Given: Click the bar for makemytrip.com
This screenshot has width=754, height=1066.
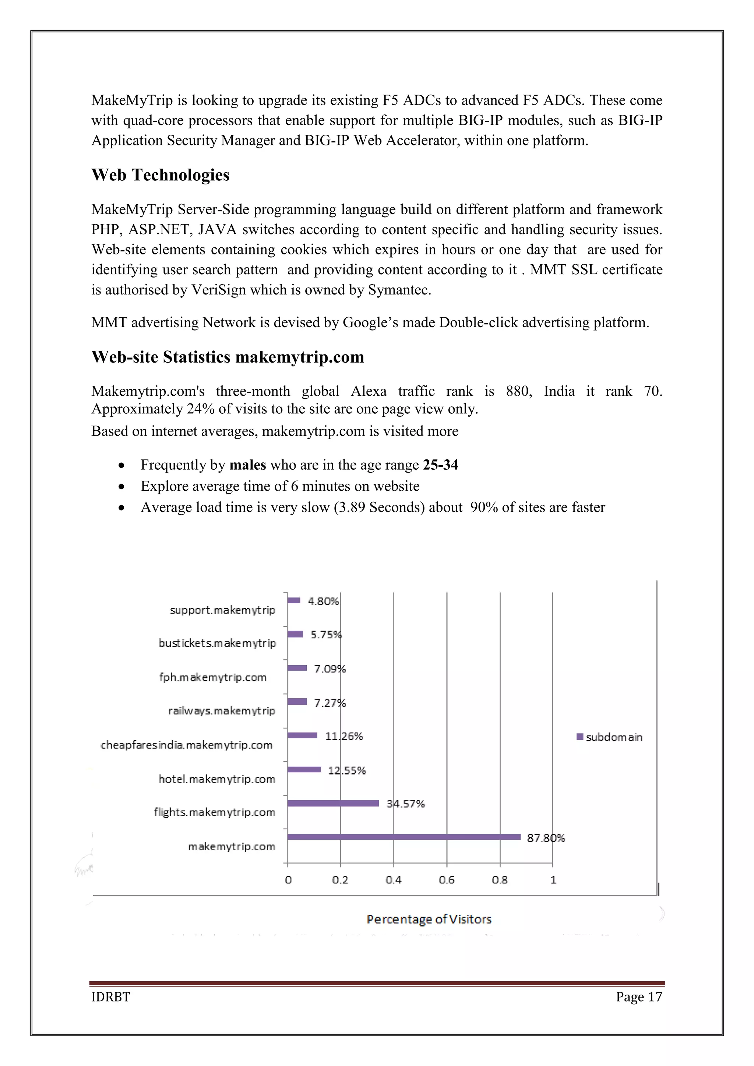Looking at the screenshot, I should tap(404, 837).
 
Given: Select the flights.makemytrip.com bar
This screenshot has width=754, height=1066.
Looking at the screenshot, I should tap(333, 803).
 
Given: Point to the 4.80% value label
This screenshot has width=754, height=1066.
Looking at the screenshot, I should tap(323, 601).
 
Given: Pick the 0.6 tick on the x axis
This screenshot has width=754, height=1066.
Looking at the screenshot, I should tap(446, 879).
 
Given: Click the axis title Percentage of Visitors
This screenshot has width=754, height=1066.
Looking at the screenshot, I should tap(429, 919).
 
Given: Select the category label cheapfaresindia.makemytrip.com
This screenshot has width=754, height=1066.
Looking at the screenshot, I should tap(186, 745).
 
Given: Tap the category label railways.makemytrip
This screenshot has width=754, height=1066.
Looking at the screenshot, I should tap(222, 710).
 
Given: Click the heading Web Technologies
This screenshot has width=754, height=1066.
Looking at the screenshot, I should tap(160, 175).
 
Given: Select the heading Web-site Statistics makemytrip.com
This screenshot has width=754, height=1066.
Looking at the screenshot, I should tap(228, 357).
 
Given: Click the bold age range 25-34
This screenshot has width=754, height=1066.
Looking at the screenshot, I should tap(440, 465).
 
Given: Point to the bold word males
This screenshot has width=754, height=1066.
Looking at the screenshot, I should tap(247, 465).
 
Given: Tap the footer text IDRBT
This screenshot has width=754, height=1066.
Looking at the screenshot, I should tap(110, 996).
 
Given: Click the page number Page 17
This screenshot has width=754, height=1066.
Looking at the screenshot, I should tap(639, 996).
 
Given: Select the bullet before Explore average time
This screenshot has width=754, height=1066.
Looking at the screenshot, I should tap(121, 487).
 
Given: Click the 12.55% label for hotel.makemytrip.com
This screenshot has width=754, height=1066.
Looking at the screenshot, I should tap(346, 770).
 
